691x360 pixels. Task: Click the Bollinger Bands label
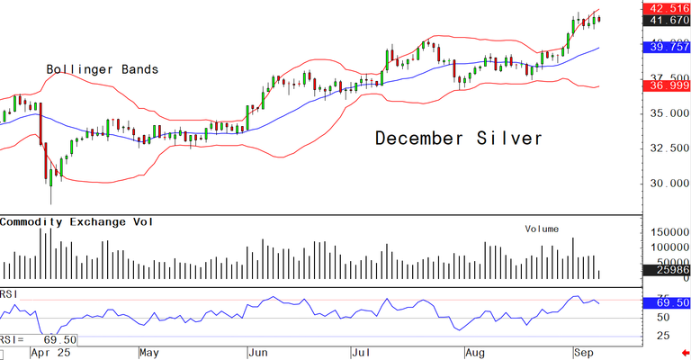tap(103, 69)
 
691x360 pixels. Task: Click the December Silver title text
tap(459, 139)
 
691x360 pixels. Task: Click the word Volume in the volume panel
tap(543, 229)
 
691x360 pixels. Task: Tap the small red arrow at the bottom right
tap(685, 355)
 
